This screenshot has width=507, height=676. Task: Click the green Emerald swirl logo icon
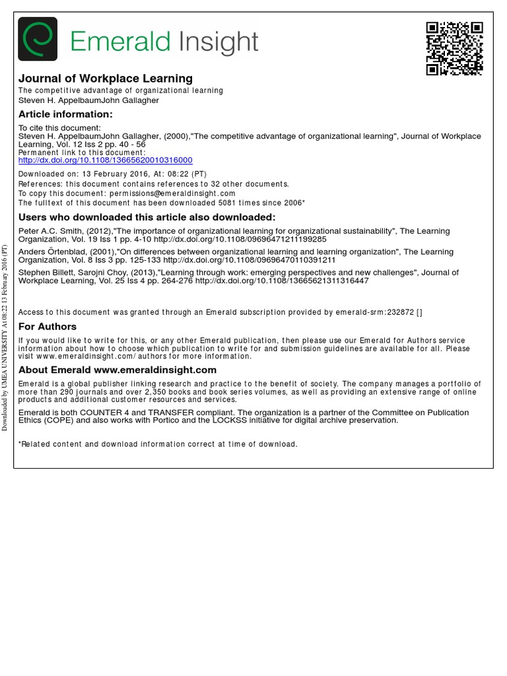point(38,39)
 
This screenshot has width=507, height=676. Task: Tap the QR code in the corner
point(454,48)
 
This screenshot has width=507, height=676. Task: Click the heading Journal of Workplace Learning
point(106,79)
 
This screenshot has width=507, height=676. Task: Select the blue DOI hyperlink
point(106,160)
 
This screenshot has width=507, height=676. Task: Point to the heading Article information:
point(65,114)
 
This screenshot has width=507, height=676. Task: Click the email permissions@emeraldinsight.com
point(172,193)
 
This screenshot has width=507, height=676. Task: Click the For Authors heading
point(48,326)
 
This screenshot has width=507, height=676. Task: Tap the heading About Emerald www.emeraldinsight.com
point(118,370)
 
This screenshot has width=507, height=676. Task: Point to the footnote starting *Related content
point(158,444)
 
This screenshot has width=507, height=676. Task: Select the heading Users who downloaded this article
point(147,217)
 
